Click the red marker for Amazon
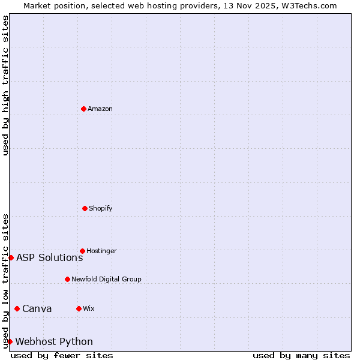click(83, 109)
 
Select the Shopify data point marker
click(85, 208)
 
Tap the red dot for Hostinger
click(82, 251)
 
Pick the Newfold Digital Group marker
click(67, 279)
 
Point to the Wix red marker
click(79, 308)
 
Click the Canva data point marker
click(17, 308)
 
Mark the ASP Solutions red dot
click(11, 257)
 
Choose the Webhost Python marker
click(10, 341)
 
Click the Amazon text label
click(100, 109)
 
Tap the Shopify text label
click(101, 208)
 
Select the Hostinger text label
click(101, 251)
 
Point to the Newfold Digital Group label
click(106, 279)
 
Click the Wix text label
click(89, 308)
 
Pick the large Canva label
click(37, 309)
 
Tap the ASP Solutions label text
click(49, 258)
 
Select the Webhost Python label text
click(54, 342)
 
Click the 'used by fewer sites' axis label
click(62, 355)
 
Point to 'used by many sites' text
click(301, 355)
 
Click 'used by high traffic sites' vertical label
click(5, 85)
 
